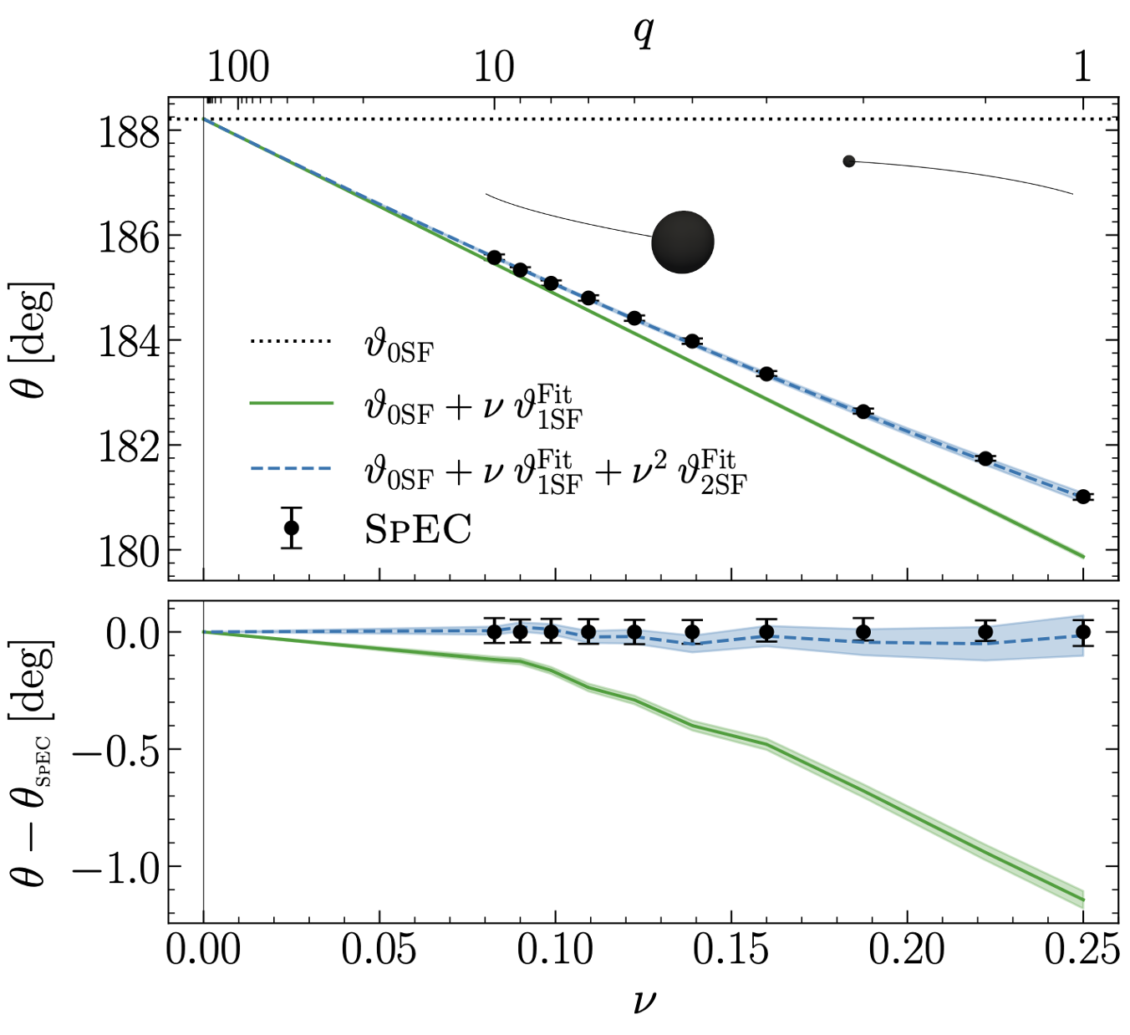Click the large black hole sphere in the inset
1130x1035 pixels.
pos(683,242)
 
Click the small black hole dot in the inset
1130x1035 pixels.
pos(849,161)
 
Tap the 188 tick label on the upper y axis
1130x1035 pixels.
pos(129,132)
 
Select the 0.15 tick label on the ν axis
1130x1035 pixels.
pos(731,951)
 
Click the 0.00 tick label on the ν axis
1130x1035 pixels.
pos(204,951)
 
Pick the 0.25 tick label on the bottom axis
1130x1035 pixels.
pos(1082,951)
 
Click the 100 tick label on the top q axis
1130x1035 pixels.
pos(238,66)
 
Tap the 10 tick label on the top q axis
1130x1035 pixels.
pos(494,66)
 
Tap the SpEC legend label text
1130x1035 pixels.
pos(418,529)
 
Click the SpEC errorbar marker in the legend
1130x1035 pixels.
pos(291,528)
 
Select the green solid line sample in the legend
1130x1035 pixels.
pos(291,403)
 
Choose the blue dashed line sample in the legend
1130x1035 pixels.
pos(291,468)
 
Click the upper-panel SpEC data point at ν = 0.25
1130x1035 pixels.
pos(1083,497)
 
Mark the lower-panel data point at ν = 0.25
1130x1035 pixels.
pos(1083,632)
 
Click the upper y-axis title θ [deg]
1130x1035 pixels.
pos(35,340)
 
